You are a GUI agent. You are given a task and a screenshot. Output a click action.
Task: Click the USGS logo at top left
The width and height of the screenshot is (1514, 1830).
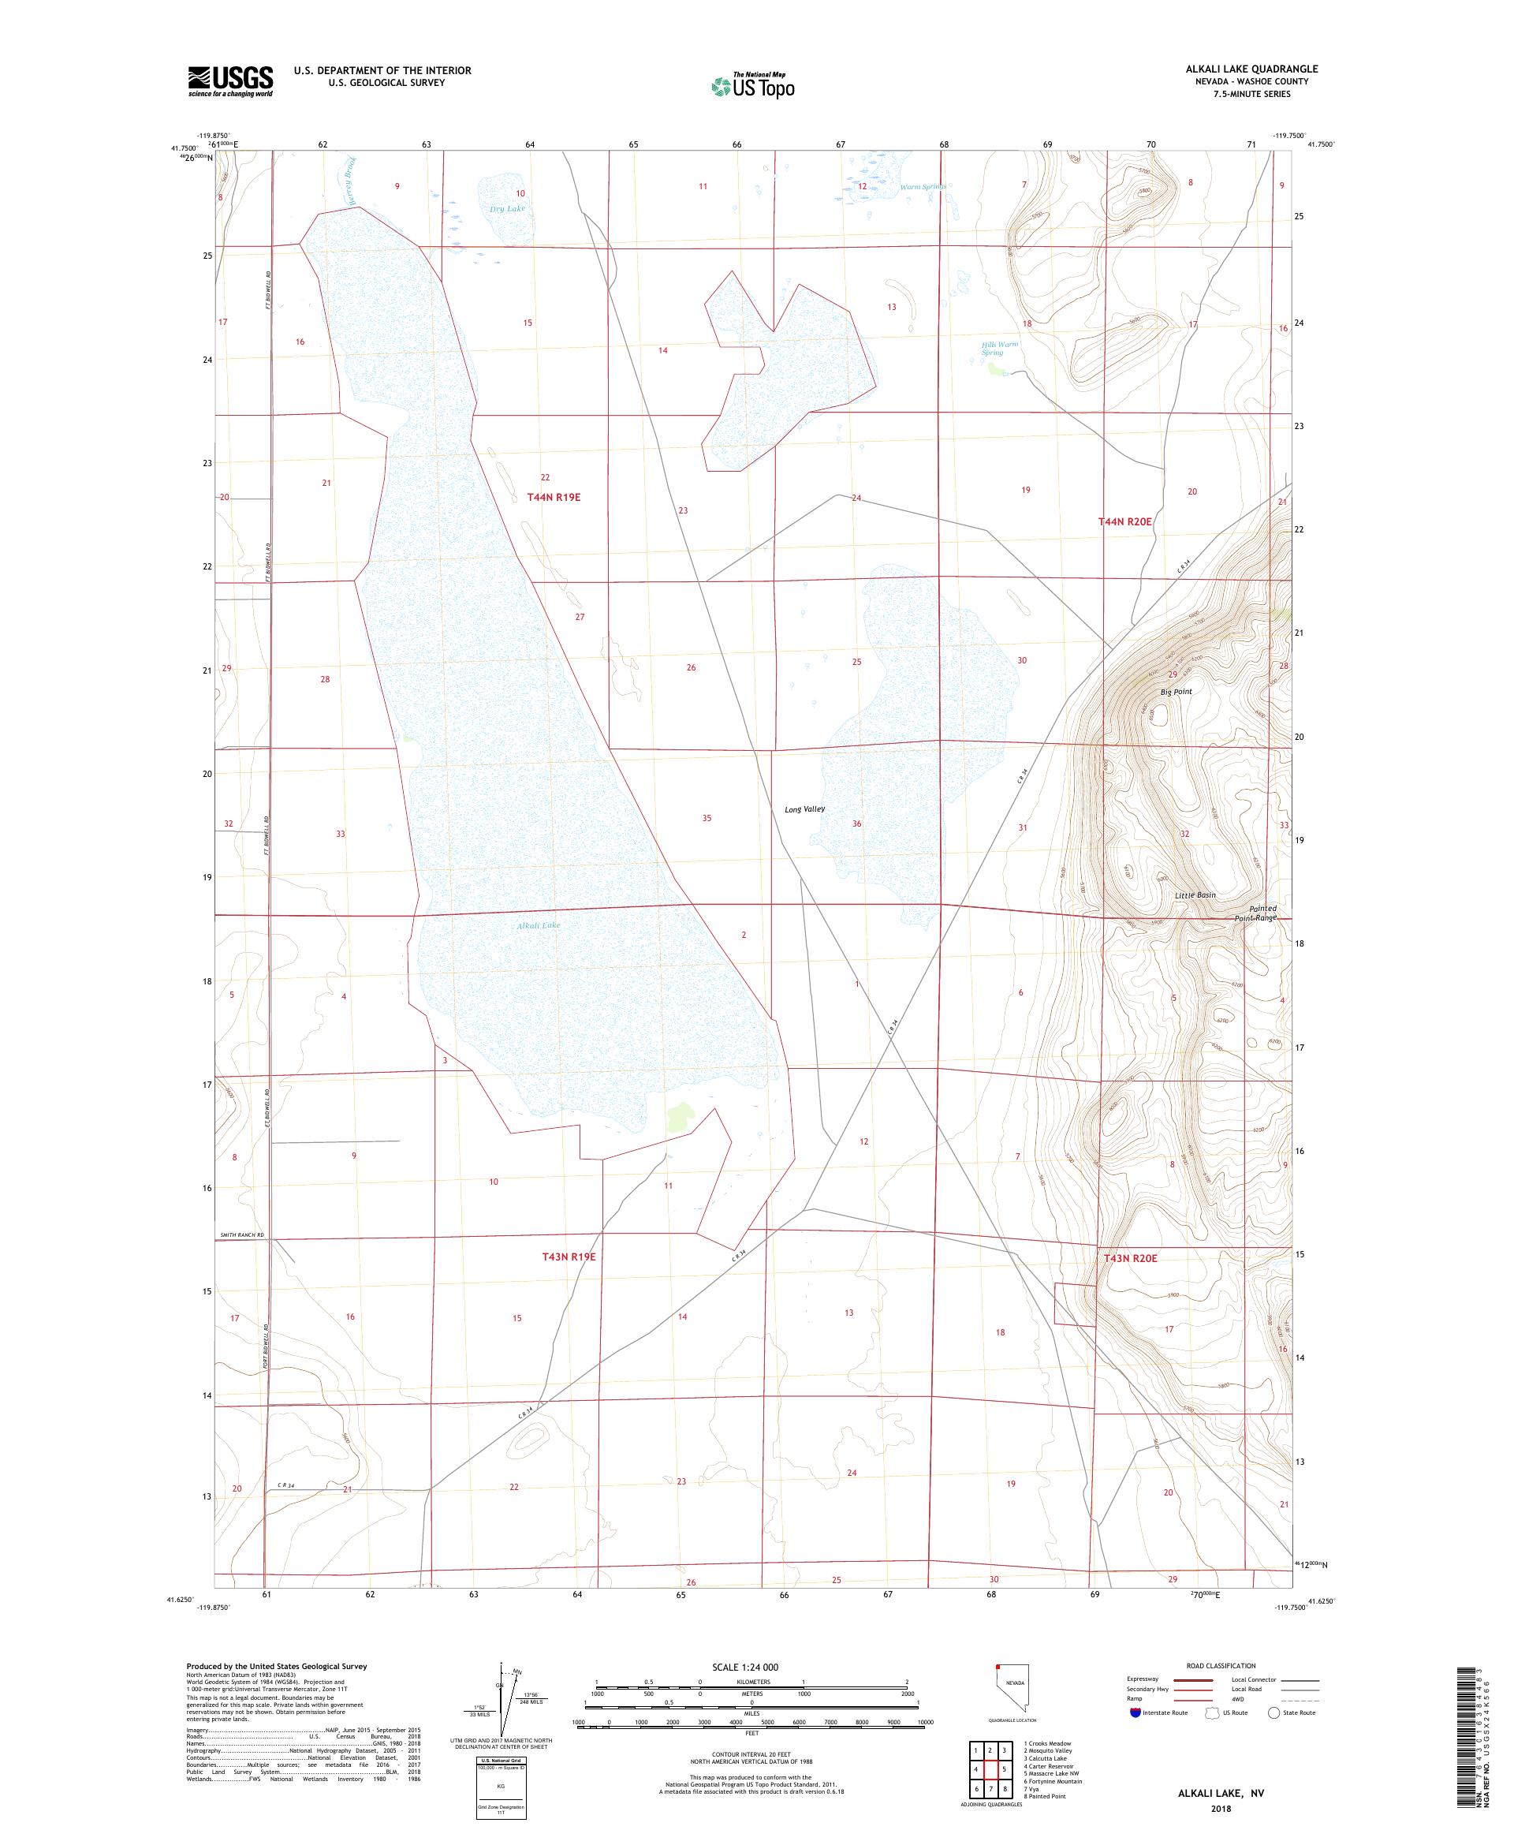click(230, 81)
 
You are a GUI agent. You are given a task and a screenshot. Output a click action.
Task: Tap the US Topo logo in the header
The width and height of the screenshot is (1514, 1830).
click(754, 85)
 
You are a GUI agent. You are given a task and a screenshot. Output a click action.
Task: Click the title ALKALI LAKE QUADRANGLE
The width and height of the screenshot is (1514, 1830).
click(1251, 69)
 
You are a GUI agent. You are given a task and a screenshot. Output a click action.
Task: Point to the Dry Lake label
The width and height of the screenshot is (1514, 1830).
click(507, 209)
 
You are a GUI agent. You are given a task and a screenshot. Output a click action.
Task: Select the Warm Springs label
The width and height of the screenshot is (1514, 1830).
click(923, 186)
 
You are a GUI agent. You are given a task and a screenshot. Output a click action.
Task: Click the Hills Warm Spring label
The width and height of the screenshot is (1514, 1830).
click(999, 348)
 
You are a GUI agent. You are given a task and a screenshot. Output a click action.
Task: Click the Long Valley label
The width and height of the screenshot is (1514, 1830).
click(804, 809)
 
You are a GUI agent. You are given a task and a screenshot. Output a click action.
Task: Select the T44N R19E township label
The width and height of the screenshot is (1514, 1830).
click(553, 497)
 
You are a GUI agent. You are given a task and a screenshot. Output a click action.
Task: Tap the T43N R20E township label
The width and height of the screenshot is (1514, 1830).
click(1130, 1258)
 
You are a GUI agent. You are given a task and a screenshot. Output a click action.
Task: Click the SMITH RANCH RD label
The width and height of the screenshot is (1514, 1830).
click(241, 1234)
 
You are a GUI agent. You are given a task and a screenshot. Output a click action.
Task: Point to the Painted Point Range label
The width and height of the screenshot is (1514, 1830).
click(1256, 913)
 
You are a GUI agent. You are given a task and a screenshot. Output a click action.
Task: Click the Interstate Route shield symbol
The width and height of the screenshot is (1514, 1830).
click(1134, 1712)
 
